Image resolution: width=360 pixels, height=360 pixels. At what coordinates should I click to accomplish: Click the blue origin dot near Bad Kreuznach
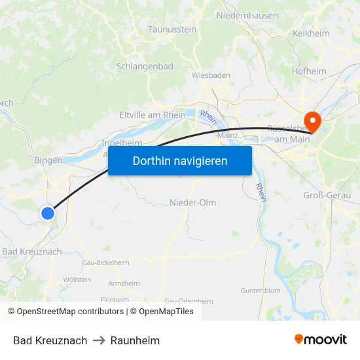point(48,213)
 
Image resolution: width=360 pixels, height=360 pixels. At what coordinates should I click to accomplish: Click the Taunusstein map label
point(172,29)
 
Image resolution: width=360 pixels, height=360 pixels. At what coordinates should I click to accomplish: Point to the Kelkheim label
point(312,33)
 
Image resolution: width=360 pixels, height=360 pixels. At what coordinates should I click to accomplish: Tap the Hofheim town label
point(309,71)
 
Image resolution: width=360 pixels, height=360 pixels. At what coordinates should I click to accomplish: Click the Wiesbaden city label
point(211,75)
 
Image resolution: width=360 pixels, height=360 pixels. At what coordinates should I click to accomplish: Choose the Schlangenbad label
point(145,66)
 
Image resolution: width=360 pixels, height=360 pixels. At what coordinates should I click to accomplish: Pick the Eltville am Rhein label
point(153,115)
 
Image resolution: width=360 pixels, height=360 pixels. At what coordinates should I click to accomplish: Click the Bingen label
point(48,160)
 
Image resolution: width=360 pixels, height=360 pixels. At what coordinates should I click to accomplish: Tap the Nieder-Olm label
point(192,202)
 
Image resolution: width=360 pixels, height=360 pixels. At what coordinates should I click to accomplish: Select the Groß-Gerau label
point(326,195)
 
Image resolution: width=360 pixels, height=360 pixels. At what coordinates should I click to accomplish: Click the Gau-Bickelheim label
point(105,262)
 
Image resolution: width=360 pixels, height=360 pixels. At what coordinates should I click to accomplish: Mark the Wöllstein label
point(77,279)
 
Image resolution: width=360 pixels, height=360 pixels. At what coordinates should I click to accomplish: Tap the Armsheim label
point(124,283)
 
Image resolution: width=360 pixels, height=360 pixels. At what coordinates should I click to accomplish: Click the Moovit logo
point(320,340)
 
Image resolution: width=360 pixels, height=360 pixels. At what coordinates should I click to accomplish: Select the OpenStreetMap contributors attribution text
point(69,312)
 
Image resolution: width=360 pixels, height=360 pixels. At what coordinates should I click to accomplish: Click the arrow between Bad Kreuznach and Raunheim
point(99,340)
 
